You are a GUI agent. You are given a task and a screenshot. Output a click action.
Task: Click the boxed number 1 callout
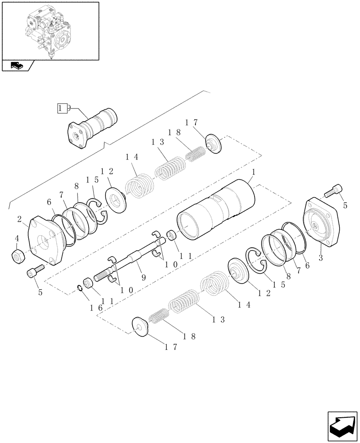62,108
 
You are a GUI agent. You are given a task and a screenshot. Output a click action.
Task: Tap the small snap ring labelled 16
80,288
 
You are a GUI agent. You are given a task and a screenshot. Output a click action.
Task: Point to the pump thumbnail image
50,30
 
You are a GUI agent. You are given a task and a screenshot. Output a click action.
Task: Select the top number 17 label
192,122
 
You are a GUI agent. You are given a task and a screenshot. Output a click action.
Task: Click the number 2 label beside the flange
20,220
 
